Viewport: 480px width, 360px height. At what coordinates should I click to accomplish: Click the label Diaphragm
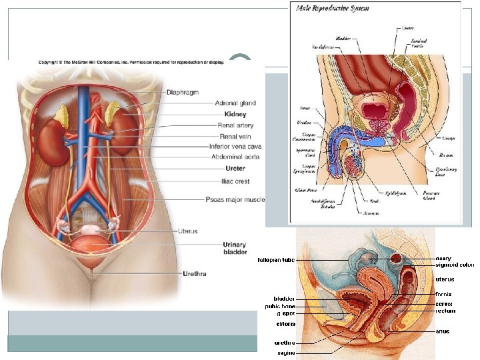click(x=181, y=92)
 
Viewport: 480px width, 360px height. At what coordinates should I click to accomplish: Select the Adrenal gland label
click(x=235, y=103)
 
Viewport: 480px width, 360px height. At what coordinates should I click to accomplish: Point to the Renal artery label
click(x=235, y=125)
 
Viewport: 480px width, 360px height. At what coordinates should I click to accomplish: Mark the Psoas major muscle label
click(x=235, y=199)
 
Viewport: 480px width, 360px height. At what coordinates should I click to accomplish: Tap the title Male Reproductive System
click(x=332, y=9)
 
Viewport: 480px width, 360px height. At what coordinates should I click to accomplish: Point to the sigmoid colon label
click(x=455, y=265)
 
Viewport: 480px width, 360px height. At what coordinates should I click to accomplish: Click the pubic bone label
click(x=280, y=306)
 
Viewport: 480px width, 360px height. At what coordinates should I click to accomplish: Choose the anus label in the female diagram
click(x=442, y=331)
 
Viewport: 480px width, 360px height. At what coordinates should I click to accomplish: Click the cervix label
click(x=444, y=303)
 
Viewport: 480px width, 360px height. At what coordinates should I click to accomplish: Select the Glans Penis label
click(x=305, y=189)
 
